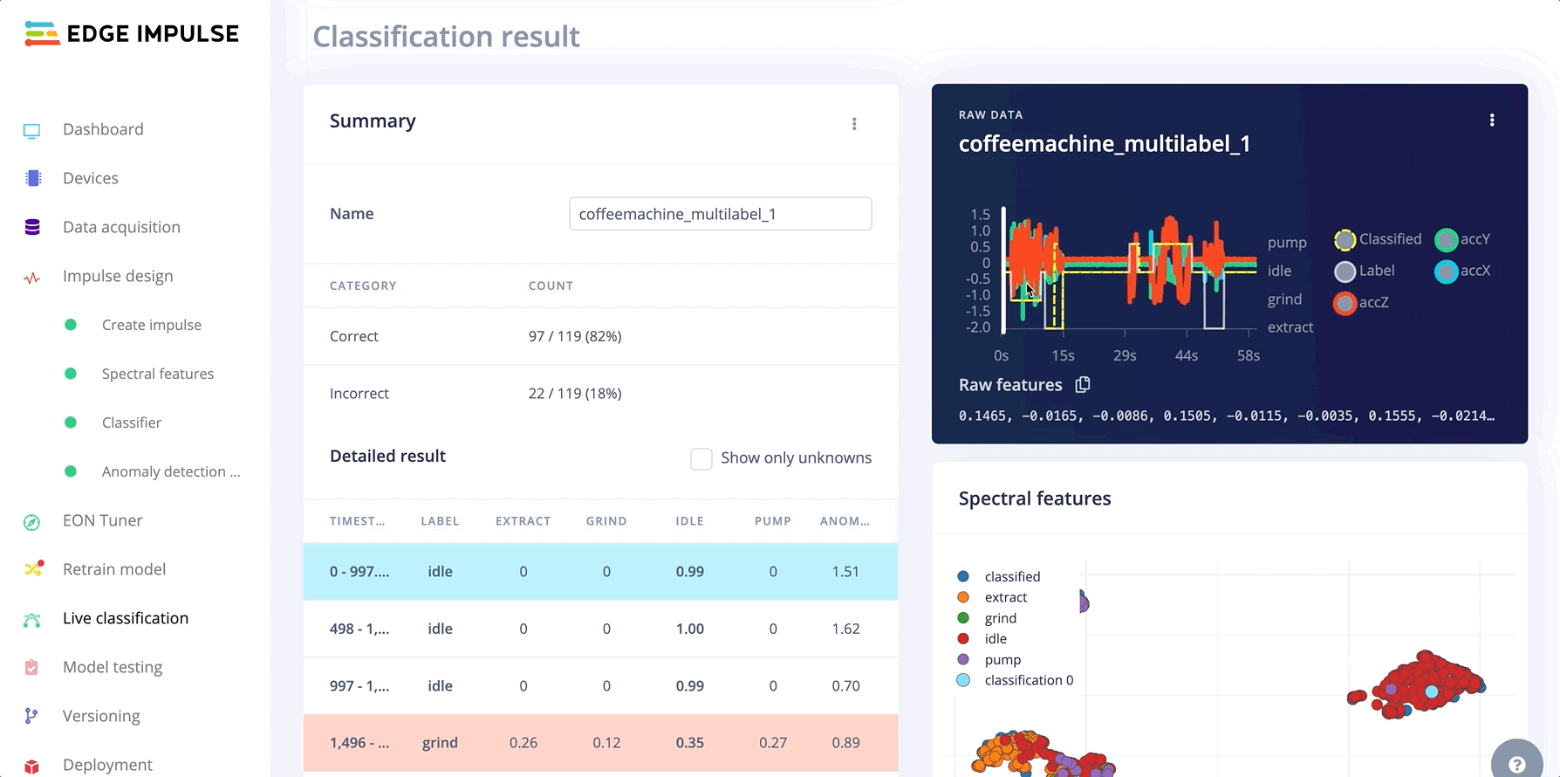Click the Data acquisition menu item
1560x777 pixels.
tap(121, 227)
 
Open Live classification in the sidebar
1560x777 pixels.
tap(125, 618)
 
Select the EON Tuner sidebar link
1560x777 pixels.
tap(102, 520)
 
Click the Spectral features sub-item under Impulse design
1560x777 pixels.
tap(157, 374)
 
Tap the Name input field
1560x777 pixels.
tap(720, 214)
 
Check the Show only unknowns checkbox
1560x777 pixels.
tap(701, 458)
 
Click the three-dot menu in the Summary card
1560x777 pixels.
tap(854, 124)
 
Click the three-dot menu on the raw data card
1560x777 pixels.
tap(1492, 120)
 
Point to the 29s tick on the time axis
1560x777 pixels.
tap(1125, 355)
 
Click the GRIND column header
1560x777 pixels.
tap(606, 521)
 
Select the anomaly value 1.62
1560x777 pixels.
tap(845, 629)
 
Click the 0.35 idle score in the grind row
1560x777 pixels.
tap(689, 743)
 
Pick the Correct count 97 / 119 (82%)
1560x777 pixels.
tap(575, 336)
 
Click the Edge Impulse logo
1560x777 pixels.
tap(132, 34)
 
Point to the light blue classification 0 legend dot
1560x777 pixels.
tap(963, 680)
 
